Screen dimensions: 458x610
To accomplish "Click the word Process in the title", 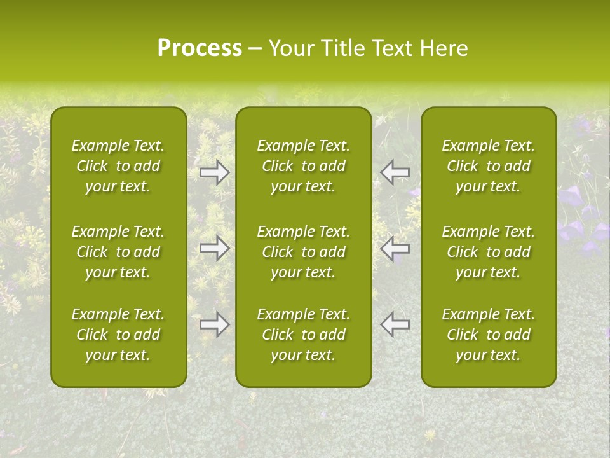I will pos(200,48).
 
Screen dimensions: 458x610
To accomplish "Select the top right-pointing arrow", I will pos(215,172).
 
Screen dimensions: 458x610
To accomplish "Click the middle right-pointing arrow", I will pos(215,248).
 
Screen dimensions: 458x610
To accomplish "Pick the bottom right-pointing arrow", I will pos(215,324).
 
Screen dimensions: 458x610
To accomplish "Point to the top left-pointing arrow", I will pos(395,172).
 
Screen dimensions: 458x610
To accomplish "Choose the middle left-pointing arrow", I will pos(395,248).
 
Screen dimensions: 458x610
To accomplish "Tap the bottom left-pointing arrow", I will pos(395,324).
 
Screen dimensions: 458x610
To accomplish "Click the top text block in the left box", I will pos(118,166).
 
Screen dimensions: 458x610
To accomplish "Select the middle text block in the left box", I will pos(118,252).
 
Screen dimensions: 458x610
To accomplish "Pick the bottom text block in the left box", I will pos(118,335).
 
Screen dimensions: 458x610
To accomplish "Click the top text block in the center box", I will pos(303,166).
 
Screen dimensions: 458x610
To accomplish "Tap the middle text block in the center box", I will pos(303,252).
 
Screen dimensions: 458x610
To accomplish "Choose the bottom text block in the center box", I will pos(303,335).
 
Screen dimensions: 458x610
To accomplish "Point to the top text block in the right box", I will pos(488,166).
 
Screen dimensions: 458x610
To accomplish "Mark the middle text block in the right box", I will pos(488,252).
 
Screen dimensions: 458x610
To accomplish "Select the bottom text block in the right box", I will pos(488,335).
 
